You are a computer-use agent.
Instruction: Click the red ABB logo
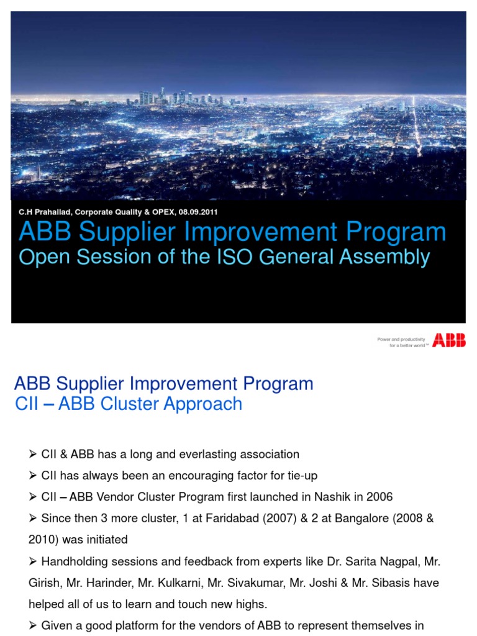[449, 340]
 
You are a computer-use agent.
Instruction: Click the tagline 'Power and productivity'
[401, 339]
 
